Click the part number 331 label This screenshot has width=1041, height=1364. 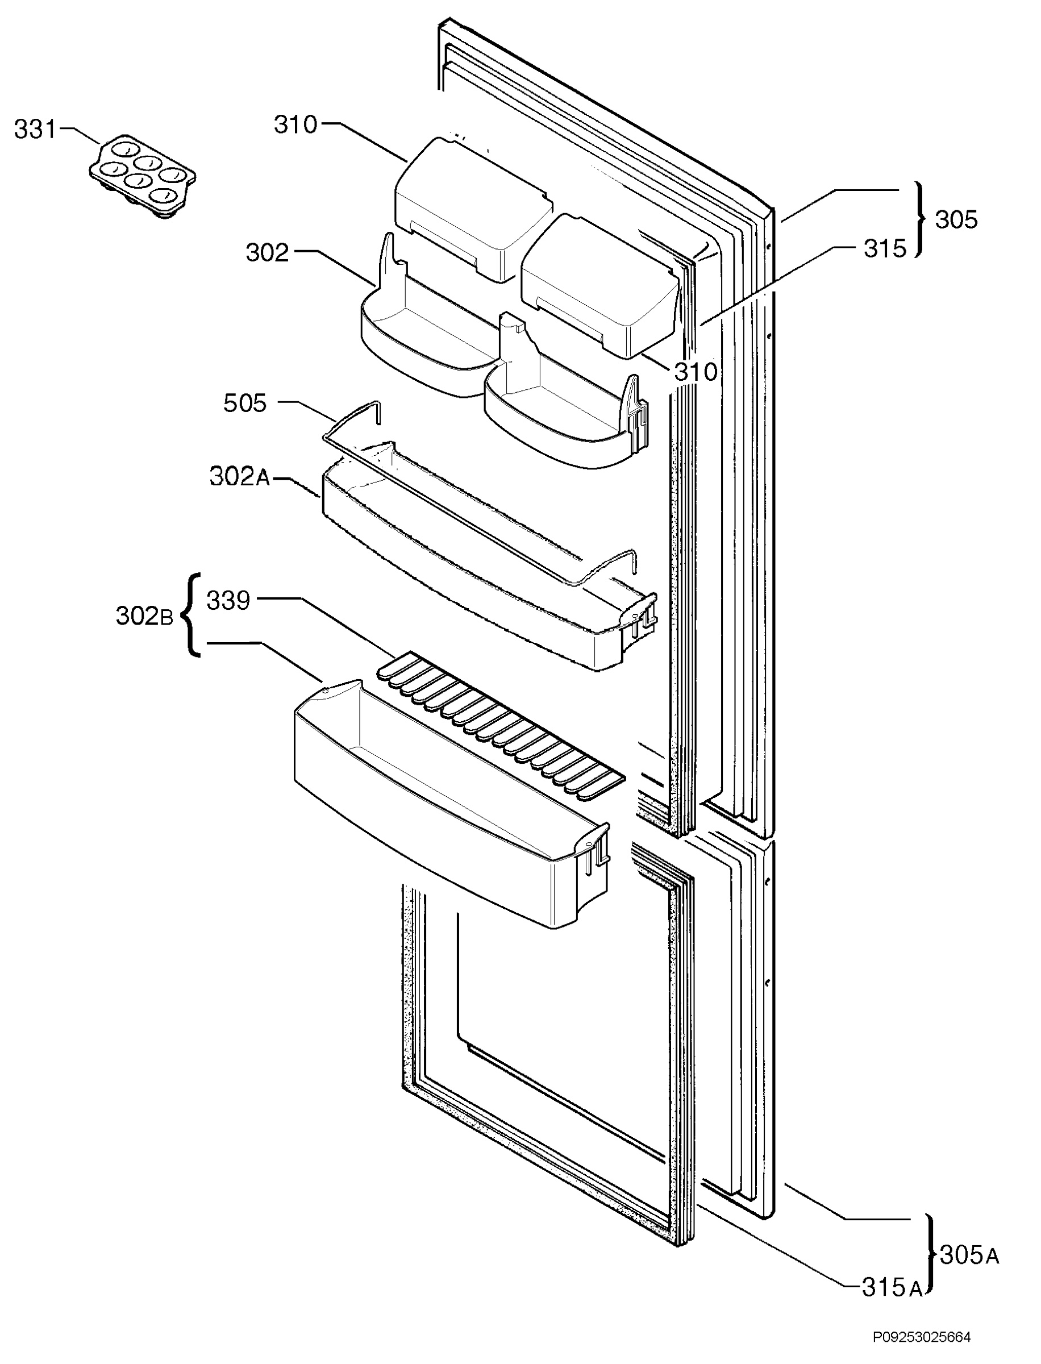coord(35,130)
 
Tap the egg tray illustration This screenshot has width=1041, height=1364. coord(143,177)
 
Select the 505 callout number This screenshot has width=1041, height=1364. coord(245,404)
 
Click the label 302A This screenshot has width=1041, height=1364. coord(240,477)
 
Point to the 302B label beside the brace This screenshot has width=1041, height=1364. coord(144,616)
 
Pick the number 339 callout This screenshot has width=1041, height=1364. coord(228,601)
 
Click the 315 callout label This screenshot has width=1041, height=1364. coord(885,248)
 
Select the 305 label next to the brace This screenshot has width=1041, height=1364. coord(956,219)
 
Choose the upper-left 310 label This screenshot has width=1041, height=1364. coord(295,125)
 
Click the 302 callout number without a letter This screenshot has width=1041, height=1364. coord(267,253)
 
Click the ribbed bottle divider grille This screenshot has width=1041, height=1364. coord(501,725)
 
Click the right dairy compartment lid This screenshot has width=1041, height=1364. coord(600,286)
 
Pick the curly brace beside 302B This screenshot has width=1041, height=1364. coord(191,615)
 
